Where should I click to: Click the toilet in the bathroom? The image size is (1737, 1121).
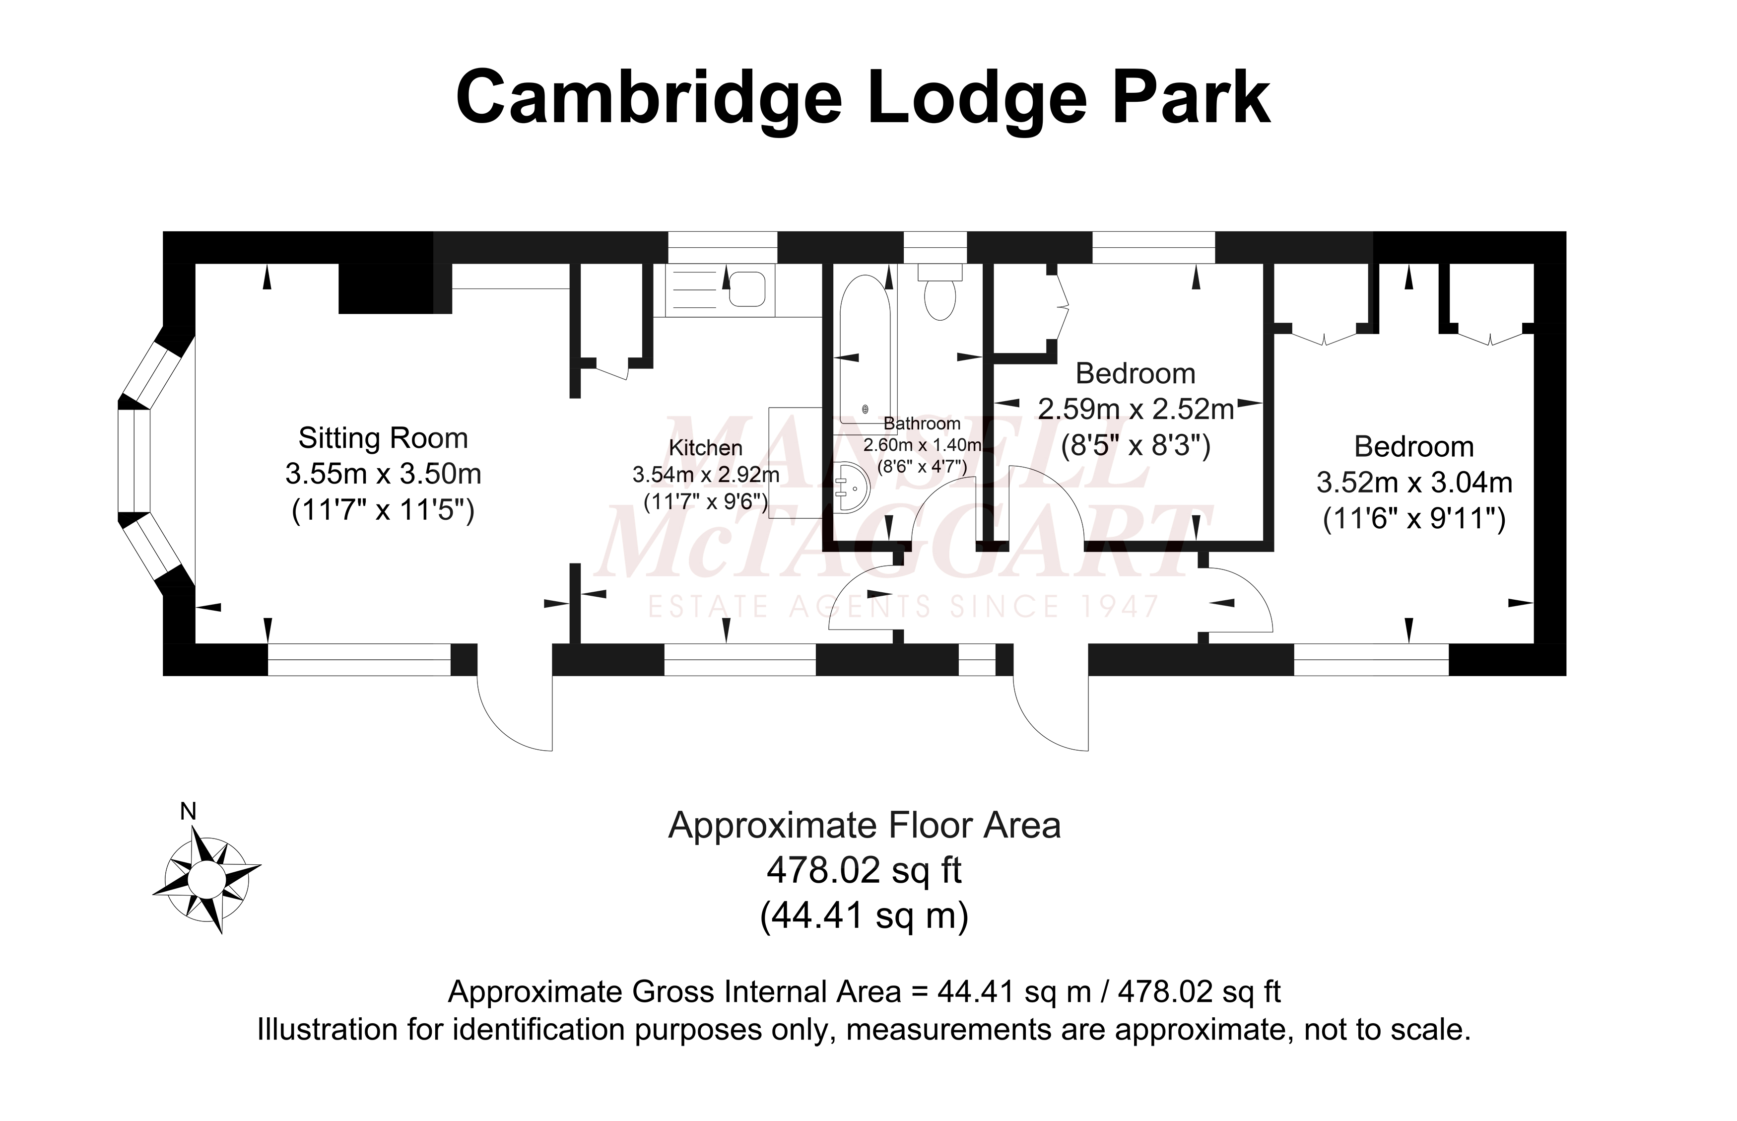[939, 295]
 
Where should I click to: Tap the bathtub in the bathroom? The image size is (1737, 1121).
[865, 350]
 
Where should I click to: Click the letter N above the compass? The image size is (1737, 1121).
[189, 812]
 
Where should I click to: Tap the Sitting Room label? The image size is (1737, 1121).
[383, 438]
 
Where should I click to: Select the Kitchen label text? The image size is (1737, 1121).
[705, 448]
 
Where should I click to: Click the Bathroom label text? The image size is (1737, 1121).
[921, 423]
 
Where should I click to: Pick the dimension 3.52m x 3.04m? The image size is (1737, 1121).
[1414, 483]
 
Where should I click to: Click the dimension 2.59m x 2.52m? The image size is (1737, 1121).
[1135, 409]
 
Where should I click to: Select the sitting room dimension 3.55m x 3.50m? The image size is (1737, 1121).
[383, 475]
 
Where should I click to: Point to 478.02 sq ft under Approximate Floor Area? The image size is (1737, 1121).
[864, 870]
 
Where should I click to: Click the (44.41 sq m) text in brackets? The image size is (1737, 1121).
[864, 915]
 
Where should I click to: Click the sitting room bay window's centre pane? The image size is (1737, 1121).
[134, 460]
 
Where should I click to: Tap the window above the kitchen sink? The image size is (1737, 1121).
[723, 248]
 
